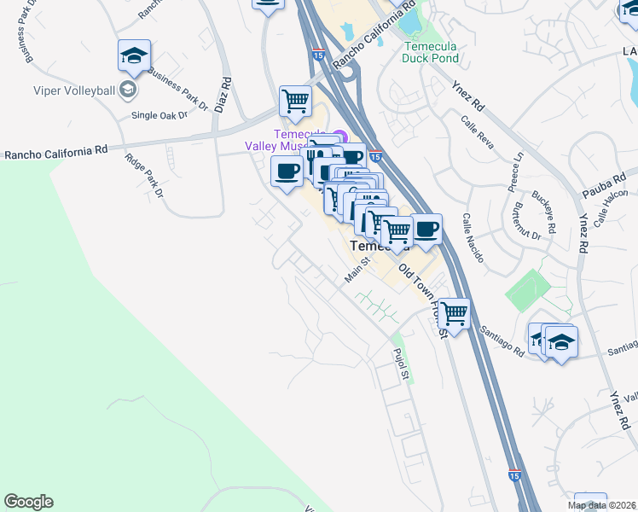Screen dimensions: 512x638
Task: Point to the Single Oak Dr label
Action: [x=159, y=114]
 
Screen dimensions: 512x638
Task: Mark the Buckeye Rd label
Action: [x=550, y=218]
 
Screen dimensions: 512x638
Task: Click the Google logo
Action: [x=28, y=502]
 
